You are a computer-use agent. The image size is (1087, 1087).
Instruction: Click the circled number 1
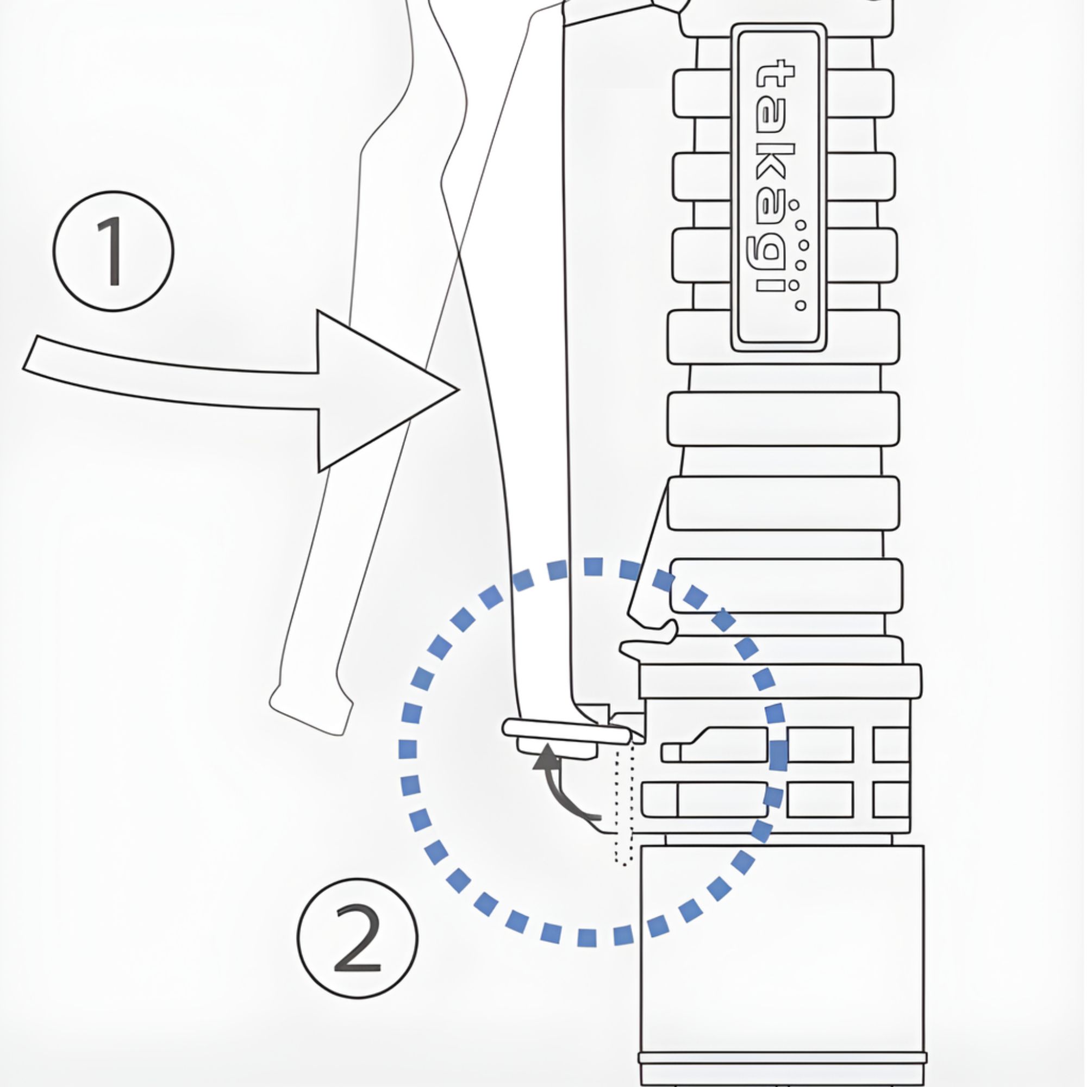[x=114, y=251]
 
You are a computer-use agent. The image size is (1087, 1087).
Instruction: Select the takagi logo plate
[x=779, y=188]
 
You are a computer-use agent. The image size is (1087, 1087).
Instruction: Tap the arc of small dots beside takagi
[x=799, y=255]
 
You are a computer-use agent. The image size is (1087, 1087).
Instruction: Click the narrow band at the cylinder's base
[x=782, y=1058]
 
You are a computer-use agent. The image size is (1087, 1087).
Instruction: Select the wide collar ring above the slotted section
[x=781, y=682]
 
